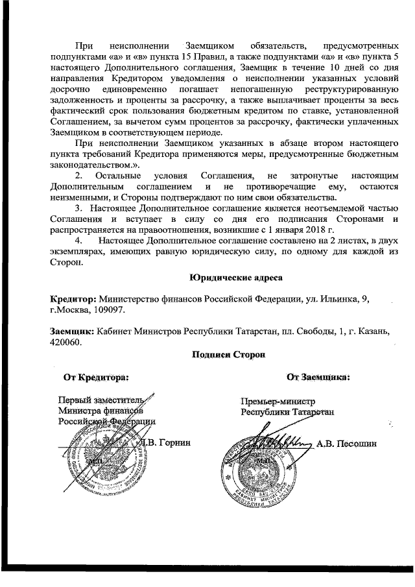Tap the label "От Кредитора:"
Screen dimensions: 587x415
[x=95, y=376]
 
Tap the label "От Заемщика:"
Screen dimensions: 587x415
[x=318, y=376]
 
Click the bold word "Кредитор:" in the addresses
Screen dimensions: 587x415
[x=73, y=298]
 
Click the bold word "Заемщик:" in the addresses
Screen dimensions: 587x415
[x=73, y=331]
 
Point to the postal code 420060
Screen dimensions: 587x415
[x=65, y=342]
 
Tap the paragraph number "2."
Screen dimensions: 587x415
[x=79, y=176]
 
